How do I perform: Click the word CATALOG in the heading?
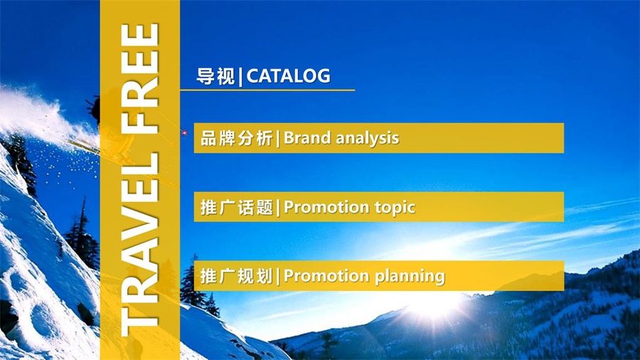point(288,76)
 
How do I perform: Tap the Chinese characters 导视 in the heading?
point(215,76)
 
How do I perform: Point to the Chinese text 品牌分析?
point(236,138)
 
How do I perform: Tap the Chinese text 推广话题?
point(236,207)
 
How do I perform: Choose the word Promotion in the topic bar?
point(326,207)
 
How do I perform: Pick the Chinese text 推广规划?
point(236,276)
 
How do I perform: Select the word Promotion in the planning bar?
point(326,276)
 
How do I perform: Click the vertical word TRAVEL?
point(139,245)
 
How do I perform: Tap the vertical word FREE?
point(139,79)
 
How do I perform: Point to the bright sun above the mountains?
point(434,304)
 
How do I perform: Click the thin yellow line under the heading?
point(267,90)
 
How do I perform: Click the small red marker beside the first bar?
point(184,132)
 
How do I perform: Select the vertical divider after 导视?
point(240,77)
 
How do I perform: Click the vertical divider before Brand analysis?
point(278,139)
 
